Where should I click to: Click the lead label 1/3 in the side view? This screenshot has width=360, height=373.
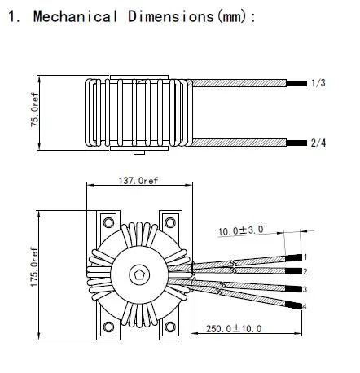coord(318,83)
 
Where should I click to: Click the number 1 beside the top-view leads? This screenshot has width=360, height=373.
coord(305,257)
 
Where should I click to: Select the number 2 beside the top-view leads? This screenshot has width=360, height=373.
coord(305,270)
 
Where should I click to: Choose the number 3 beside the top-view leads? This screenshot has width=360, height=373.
coord(305,290)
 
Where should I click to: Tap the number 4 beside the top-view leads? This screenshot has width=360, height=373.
coord(305,306)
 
